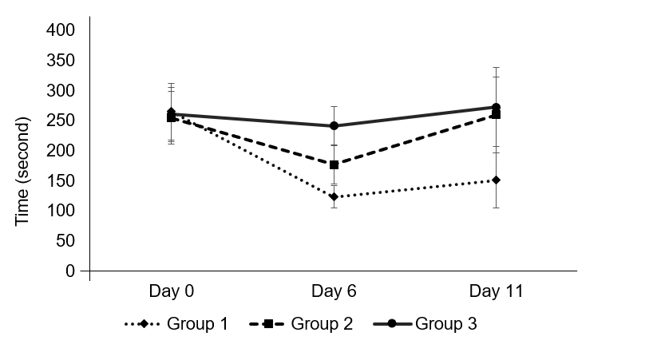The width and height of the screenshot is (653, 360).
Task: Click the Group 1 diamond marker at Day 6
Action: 333,196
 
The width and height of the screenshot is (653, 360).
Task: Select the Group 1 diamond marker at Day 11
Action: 496,180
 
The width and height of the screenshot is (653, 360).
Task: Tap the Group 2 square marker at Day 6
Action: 334,164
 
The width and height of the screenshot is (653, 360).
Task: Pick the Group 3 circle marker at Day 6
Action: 334,125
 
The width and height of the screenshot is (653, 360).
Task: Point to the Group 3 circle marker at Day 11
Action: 496,107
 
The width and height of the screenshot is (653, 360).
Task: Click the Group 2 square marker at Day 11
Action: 496,114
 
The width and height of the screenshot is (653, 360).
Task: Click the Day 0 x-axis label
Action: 172,291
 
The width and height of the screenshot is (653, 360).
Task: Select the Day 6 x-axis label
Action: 334,291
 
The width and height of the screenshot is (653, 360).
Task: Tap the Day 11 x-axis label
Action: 496,291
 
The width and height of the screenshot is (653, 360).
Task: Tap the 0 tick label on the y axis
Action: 70,271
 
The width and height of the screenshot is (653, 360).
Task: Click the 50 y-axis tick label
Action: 66,241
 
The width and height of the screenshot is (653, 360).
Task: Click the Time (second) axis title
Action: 23,171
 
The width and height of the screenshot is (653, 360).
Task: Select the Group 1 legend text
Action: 197,324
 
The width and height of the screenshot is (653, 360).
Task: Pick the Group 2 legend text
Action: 322,324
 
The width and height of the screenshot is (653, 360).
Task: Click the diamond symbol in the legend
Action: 144,324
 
